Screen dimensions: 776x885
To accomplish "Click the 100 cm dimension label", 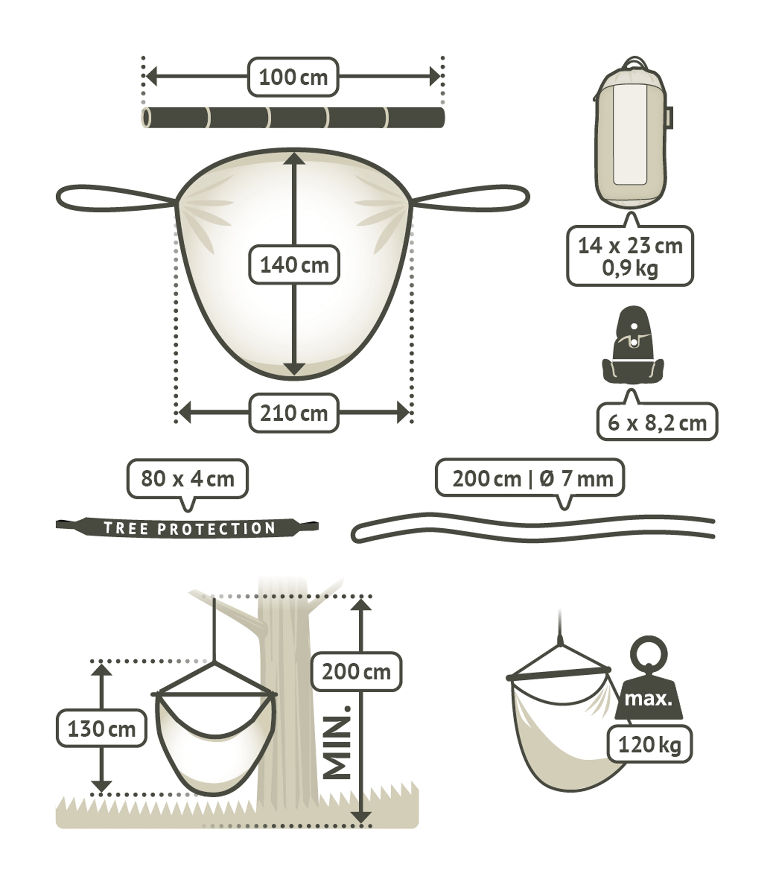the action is click(x=293, y=77).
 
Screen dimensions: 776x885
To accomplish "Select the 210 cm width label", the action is click(x=294, y=413).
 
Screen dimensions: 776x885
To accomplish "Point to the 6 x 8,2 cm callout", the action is click(x=657, y=422).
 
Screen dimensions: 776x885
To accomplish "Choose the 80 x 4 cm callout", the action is click(x=187, y=479).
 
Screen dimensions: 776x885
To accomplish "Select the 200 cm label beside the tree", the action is click(x=356, y=671).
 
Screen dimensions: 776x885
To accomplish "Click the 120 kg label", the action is click(x=649, y=744).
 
